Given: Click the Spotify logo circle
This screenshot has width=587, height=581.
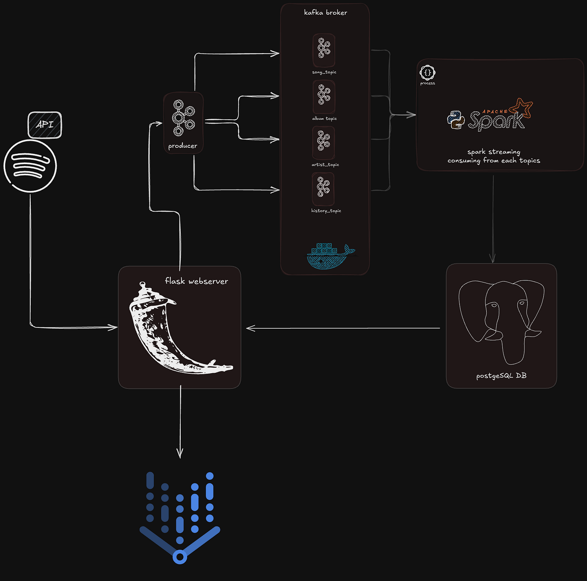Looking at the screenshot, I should click(30, 166).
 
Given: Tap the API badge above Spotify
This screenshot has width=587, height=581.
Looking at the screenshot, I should click(45, 125).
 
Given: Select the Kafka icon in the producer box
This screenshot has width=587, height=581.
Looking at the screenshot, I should click(184, 118).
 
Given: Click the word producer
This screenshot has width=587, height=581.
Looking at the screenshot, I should click(183, 146).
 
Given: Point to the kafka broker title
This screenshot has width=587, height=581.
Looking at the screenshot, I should click(325, 13).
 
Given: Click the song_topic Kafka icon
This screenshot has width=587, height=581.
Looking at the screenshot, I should click(324, 48).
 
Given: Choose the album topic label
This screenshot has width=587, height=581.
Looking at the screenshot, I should click(325, 118).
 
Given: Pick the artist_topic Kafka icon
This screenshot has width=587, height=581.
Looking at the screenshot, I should click(323, 141).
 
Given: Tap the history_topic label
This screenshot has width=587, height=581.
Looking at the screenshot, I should click(326, 211).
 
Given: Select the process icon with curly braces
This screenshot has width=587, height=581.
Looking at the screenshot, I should click(427, 73).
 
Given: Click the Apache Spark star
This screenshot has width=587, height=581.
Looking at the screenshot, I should click(522, 108).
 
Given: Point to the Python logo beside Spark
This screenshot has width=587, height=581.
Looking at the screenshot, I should click(456, 120).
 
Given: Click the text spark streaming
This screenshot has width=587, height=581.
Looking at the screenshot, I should click(494, 152).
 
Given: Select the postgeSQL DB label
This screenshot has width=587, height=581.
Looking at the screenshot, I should click(501, 376).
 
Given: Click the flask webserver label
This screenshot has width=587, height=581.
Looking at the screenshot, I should click(196, 281).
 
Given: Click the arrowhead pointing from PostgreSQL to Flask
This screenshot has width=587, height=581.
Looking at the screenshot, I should click(250, 328).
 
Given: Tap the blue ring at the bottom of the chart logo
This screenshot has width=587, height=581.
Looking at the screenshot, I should click(180, 557).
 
